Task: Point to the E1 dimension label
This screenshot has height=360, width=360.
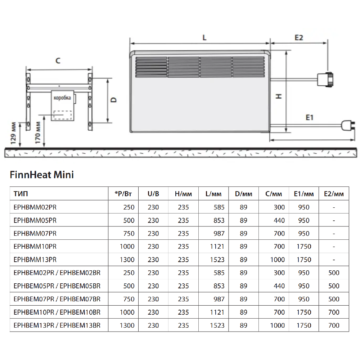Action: tap(310, 117)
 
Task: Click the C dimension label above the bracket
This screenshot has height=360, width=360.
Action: tap(58, 61)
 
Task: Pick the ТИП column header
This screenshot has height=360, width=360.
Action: tap(21, 194)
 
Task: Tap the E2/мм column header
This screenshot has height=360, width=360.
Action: tap(334, 194)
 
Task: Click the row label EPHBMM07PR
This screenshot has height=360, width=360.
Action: tap(35, 233)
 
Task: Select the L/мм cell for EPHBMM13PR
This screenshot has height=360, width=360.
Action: tap(217, 260)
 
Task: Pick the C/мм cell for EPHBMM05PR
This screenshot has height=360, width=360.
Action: tap(279, 220)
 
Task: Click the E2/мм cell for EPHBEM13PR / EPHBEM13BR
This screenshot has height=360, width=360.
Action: tap(334, 325)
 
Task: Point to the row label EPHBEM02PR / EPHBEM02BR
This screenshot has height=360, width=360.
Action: tap(57, 273)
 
